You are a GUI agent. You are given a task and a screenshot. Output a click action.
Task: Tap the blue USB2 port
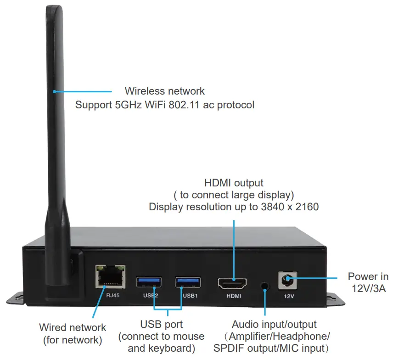point(149,281)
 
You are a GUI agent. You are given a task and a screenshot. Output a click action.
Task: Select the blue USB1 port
point(188,281)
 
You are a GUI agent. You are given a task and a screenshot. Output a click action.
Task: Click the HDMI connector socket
point(232,283)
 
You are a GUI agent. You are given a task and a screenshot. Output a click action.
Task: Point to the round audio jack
point(264,285)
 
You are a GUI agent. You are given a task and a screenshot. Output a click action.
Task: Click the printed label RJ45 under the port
point(112,295)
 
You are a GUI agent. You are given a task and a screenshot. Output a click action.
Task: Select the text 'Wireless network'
point(165,91)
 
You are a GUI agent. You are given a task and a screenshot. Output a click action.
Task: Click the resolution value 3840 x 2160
point(290,207)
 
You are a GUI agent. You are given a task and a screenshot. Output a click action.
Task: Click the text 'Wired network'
point(73,328)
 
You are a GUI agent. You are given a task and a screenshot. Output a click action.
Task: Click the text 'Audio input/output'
point(274,325)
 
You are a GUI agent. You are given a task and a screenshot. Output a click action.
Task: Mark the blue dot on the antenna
point(54,91)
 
